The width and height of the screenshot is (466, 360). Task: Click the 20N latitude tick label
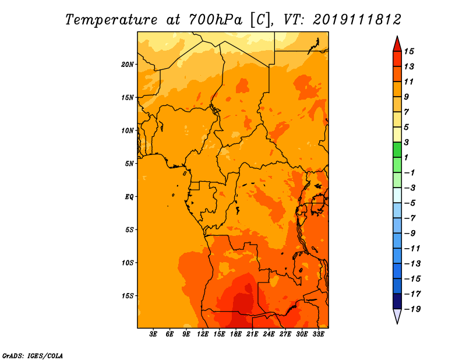tap(128, 65)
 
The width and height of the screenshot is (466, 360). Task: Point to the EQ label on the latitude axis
tap(129, 197)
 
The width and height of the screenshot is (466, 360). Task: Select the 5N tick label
tap(129, 164)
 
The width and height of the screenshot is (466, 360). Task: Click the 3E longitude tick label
tap(153, 334)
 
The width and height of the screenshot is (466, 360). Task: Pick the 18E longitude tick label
tap(236, 334)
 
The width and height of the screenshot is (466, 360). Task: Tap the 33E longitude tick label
tap(318, 334)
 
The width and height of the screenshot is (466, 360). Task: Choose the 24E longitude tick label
tap(269, 334)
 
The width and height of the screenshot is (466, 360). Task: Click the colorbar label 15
tap(409, 51)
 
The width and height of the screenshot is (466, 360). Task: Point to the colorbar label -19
tap(412, 309)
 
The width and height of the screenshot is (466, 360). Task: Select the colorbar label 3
tap(406, 142)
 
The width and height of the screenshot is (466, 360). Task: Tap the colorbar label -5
tap(409, 203)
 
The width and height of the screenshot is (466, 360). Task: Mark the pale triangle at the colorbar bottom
tap(397, 316)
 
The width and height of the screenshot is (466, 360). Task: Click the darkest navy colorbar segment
tap(397, 301)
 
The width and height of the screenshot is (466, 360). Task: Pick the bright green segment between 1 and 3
tap(397, 150)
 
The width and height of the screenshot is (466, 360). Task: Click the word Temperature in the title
tap(111, 20)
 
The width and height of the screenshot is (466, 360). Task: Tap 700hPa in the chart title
tap(215, 20)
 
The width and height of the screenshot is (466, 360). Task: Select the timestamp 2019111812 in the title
tap(357, 20)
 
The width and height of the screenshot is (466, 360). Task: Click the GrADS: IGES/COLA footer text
tap(33, 356)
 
